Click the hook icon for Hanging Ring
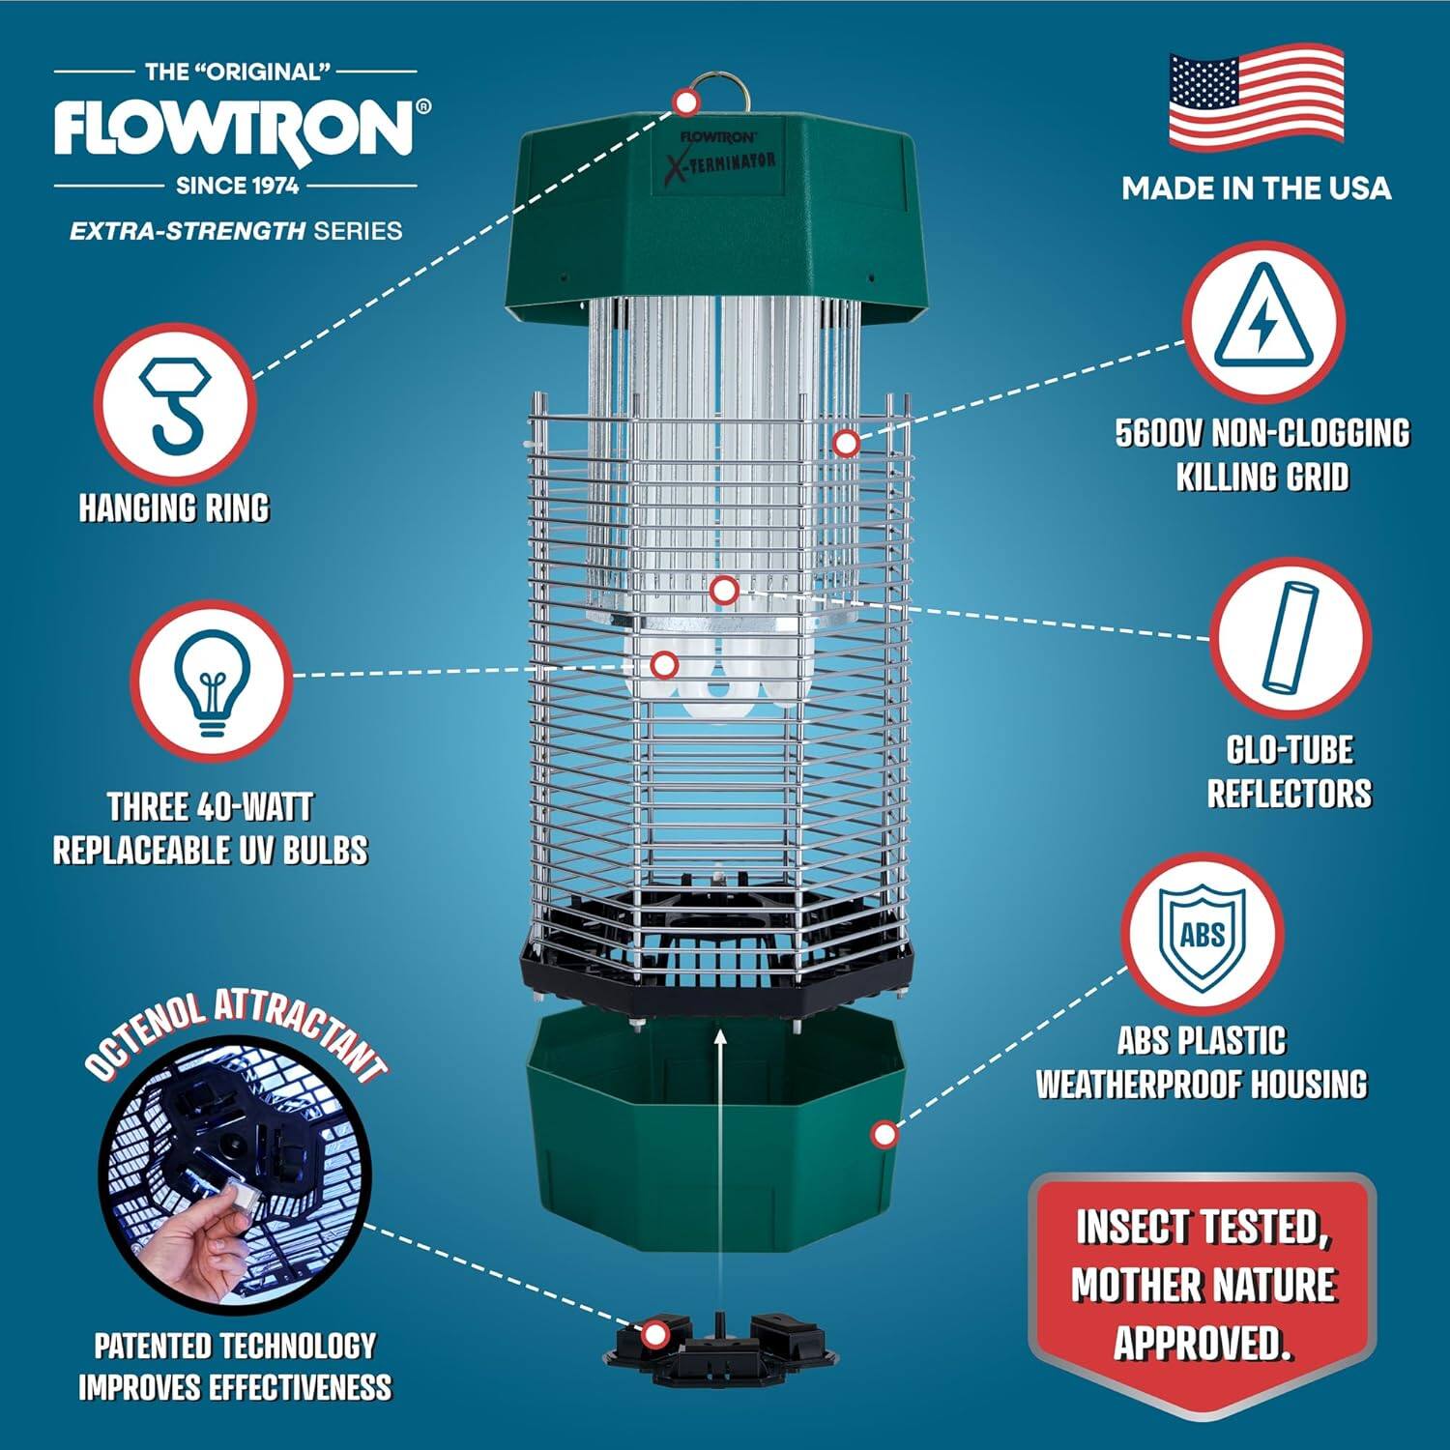pyautogui.click(x=175, y=404)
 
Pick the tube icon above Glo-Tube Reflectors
pyautogui.click(x=1290, y=637)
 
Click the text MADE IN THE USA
pyautogui.click(x=1256, y=188)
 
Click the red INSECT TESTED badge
pyautogui.click(x=1203, y=1286)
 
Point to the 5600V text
pyautogui.click(x=1159, y=433)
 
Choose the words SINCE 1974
pyautogui.click(x=236, y=186)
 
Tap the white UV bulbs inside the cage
pyautogui.click(x=715, y=677)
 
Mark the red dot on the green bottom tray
pyautogui.click(x=884, y=1135)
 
